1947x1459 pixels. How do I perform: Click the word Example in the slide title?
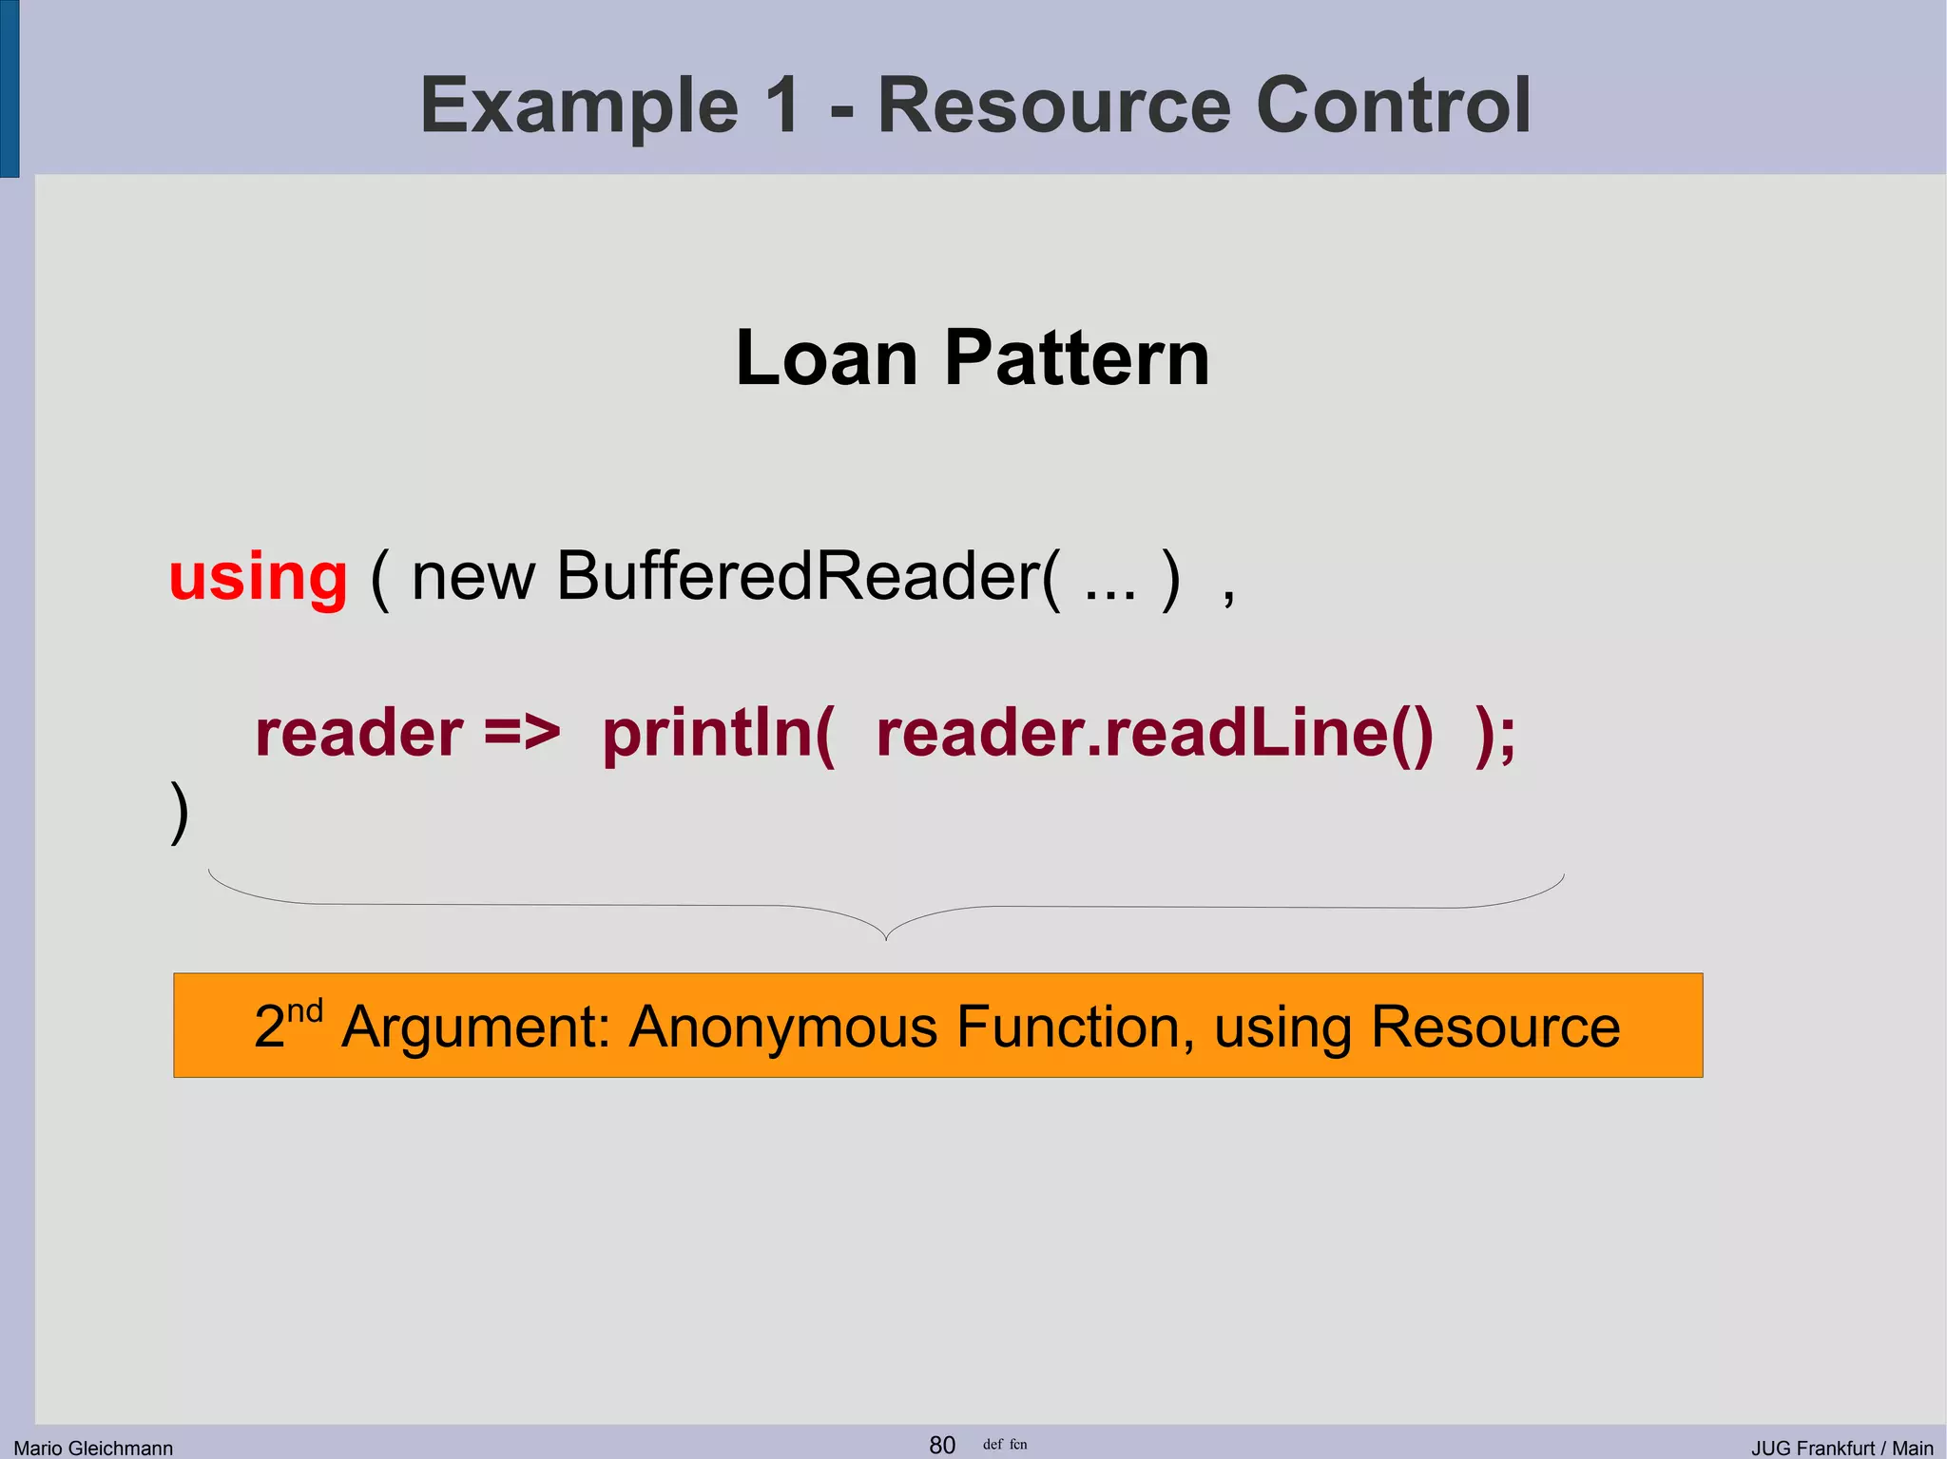[579, 106]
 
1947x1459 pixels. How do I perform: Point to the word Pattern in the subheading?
[1077, 358]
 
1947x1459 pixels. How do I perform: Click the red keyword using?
[259, 578]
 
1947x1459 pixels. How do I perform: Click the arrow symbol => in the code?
[522, 733]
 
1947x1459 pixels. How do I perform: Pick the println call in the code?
[719, 733]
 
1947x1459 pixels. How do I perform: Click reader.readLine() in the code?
[1154, 733]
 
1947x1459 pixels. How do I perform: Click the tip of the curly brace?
[886, 938]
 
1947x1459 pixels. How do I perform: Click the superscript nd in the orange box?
[305, 1009]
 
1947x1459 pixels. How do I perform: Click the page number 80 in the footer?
[942, 1445]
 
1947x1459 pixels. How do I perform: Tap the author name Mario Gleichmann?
[93, 1448]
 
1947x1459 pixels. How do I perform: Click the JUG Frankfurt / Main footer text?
[1841, 1448]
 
